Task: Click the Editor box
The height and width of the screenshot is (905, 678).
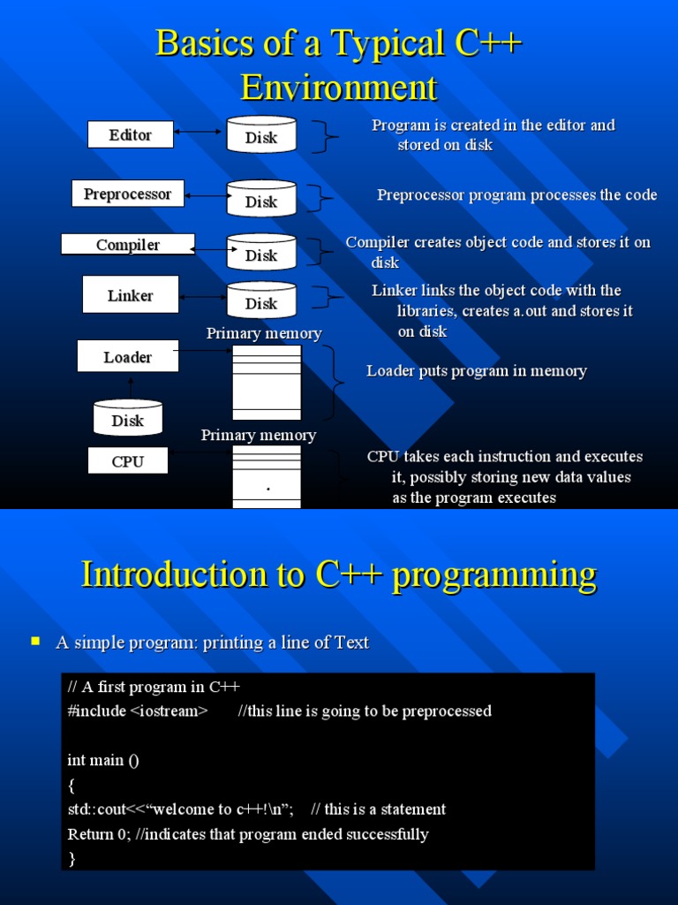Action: pos(131,135)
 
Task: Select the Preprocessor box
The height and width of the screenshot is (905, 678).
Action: pos(128,194)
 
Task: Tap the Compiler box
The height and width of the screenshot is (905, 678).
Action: pos(128,245)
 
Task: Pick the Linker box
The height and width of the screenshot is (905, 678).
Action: pos(131,295)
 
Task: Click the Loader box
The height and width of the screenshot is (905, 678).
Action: pos(128,357)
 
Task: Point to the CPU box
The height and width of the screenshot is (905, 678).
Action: pos(128,461)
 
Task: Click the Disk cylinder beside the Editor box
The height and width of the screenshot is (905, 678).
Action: pos(261,135)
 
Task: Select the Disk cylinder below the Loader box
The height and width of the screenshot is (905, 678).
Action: pos(128,419)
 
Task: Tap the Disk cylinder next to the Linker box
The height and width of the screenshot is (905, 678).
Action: pos(261,301)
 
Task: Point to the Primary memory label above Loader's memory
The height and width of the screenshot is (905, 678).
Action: pos(264,333)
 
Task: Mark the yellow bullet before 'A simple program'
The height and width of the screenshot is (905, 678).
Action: pos(36,641)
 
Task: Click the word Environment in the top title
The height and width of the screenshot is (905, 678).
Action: pos(339,87)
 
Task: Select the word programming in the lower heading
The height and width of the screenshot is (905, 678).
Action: pos(494,574)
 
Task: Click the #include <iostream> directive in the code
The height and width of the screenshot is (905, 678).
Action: pos(138,711)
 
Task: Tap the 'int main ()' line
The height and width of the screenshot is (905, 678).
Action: pos(103,760)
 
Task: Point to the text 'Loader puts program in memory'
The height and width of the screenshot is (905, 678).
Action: pos(477,371)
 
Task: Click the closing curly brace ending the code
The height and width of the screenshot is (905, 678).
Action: pos(72,858)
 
